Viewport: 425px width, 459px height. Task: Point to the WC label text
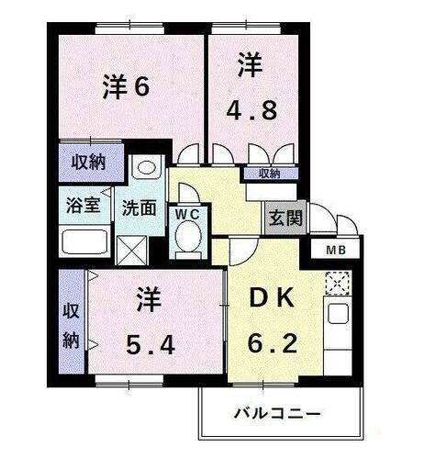click(x=189, y=213)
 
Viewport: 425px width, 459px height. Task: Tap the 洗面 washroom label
click(x=140, y=206)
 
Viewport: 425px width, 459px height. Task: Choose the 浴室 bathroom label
click(x=83, y=205)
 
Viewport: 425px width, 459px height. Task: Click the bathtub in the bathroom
click(x=84, y=241)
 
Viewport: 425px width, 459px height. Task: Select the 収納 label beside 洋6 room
click(x=88, y=162)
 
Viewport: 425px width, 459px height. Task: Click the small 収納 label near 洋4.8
click(x=268, y=174)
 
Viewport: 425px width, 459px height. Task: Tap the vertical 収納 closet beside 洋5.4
click(x=72, y=322)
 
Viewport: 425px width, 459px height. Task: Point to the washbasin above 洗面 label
click(x=145, y=171)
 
